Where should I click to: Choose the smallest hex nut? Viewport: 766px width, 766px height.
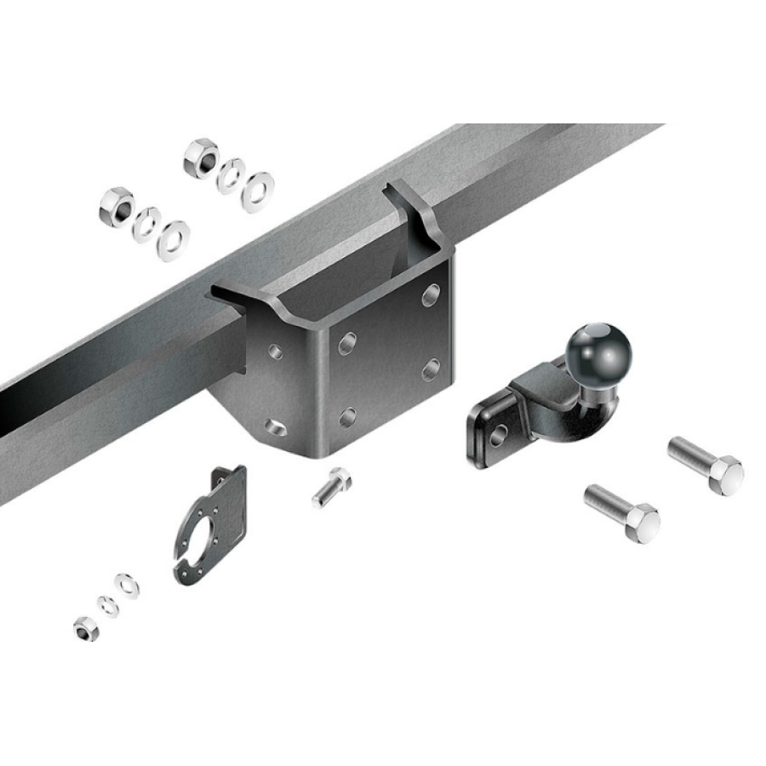(x=85, y=629)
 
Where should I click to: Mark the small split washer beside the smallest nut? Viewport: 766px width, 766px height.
(x=107, y=606)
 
